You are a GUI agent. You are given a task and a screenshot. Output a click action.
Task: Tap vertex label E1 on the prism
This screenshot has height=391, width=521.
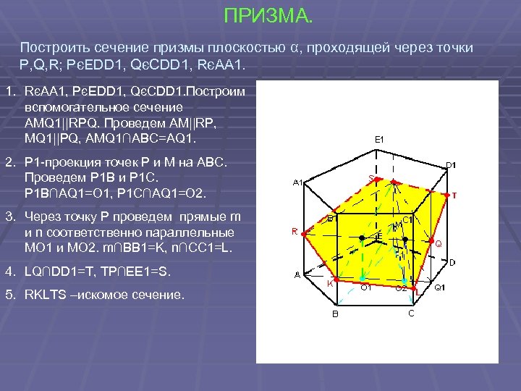(378, 139)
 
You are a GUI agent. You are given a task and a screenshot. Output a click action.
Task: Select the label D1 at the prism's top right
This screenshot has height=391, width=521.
(450, 165)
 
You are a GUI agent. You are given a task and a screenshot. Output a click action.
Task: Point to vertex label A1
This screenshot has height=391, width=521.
(297, 182)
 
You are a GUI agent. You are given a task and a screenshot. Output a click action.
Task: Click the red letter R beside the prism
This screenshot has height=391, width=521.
(295, 232)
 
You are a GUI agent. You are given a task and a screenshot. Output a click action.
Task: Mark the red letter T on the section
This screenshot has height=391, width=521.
(454, 195)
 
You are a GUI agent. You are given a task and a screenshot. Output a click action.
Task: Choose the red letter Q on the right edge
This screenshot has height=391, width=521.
(438, 244)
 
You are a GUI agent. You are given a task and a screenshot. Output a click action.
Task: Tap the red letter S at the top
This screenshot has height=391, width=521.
(371, 177)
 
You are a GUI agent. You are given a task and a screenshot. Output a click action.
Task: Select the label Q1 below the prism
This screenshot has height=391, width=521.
(439, 288)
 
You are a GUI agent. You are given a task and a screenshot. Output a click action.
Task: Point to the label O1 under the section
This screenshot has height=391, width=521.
(366, 288)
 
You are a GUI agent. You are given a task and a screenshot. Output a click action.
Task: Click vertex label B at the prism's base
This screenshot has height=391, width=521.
(334, 314)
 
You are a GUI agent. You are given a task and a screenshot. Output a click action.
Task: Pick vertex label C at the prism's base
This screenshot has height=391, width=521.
(411, 313)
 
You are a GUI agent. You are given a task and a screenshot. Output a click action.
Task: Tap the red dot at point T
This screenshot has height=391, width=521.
(446, 193)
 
